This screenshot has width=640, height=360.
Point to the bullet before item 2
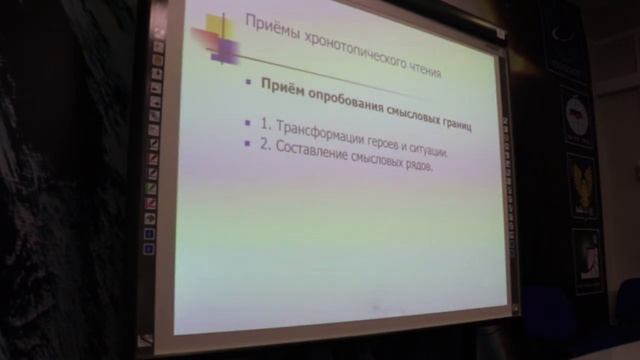pos(248,143)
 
